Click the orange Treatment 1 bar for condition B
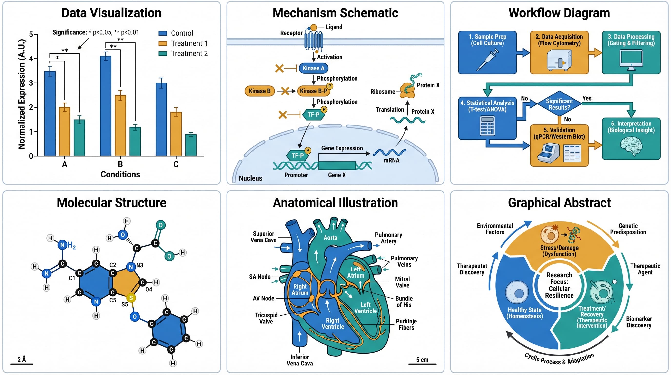coord(120,125)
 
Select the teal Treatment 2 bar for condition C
coord(191,145)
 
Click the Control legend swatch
coord(163,33)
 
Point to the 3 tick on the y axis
coord(31,83)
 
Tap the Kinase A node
coord(313,68)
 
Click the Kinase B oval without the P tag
coord(259,91)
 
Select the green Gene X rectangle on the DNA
coord(337,166)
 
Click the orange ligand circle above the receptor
coord(314,27)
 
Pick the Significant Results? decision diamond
coord(559,104)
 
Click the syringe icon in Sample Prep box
coord(487,60)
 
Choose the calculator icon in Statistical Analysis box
coord(487,126)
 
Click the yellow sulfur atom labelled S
coord(131,298)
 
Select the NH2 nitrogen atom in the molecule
coord(62,245)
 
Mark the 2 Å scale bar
coord(22,364)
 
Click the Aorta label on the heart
coord(330,238)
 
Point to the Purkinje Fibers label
coord(406,324)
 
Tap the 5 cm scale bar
coord(422,364)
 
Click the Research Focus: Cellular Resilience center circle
coord(559,285)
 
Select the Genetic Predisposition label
coord(628,229)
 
